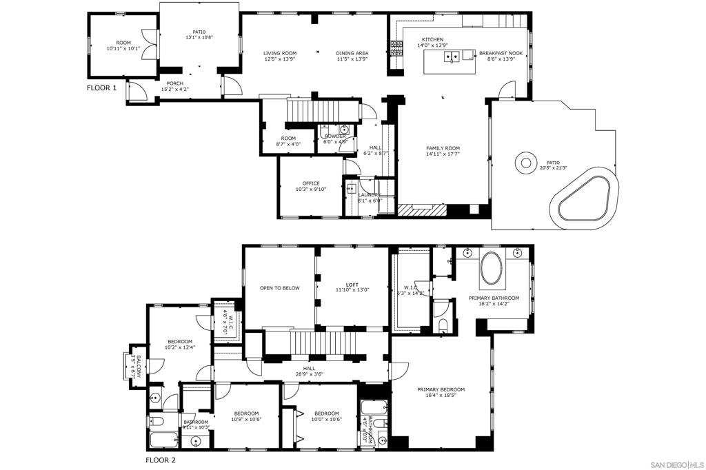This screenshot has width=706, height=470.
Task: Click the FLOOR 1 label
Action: (101, 88)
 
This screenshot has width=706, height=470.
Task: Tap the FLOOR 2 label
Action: (160, 460)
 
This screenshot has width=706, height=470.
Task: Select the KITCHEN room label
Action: (432, 39)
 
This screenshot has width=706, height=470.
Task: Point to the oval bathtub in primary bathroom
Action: (492, 268)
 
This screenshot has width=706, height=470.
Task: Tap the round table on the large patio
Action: (526, 163)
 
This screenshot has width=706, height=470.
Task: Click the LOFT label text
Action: (352, 285)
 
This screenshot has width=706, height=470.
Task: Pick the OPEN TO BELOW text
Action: (279, 288)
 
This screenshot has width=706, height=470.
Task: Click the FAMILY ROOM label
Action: (443, 148)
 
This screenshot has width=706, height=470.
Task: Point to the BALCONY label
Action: (138, 365)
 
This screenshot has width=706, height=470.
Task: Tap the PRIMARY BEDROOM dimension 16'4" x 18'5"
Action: (441, 396)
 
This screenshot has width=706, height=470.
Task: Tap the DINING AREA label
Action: (352, 53)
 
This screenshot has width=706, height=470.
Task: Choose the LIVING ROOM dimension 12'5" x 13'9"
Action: (279, 59)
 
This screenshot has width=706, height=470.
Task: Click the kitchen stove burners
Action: (396, 48)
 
